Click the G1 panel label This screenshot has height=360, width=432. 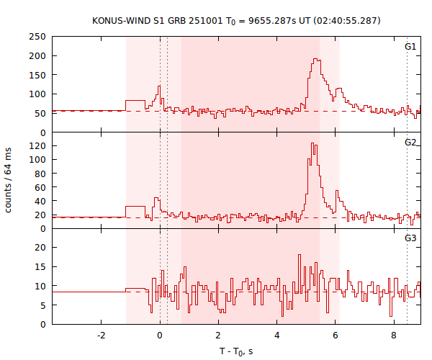(x=410, y=46)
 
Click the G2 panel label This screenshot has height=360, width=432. (x=410, y=142)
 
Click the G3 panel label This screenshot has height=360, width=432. (x=410, y=238)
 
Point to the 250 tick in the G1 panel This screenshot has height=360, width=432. (x=38, y=36)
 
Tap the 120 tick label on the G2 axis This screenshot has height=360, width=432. (x=38, y=145)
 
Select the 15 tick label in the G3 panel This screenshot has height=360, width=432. (x=41, y=266)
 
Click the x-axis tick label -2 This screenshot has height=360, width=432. (x=101, y=336)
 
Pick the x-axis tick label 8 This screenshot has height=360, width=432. (x=394, y=336)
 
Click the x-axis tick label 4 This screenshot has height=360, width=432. (x=277, y=336)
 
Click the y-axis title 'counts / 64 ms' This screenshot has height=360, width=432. (x=9, y=180)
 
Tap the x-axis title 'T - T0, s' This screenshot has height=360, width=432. (x=236, y=351)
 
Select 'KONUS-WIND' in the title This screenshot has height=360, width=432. (x=121, y=20)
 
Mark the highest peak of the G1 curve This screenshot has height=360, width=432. (x=315, y=59)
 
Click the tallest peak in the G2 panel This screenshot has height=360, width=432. (x=312, y=143)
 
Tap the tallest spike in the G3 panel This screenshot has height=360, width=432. (x=298, y=255)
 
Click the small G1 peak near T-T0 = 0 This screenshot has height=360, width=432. (x=159, y=86)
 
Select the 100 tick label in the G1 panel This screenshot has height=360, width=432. (x=38, y=94)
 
